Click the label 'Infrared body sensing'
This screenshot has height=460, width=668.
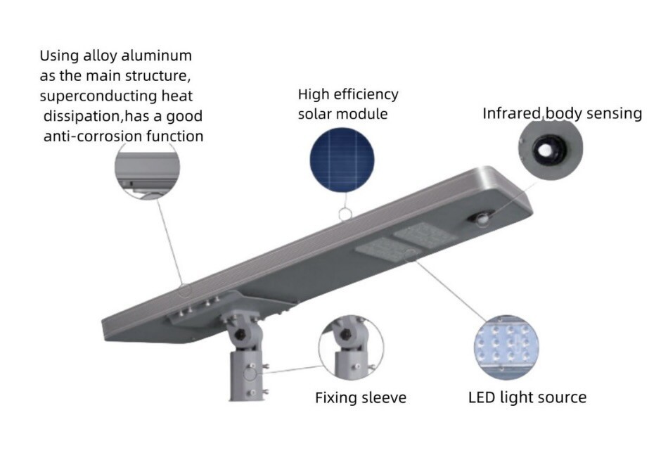(562, 113)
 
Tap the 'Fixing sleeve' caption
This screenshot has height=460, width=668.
(361, 398)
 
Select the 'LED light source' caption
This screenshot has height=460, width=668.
(527, 397)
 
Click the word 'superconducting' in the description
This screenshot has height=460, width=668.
(98, 96)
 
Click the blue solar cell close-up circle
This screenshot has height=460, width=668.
(342, 160)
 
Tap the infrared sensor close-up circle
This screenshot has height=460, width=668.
(551, 148)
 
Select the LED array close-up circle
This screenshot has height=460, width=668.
(506, 347)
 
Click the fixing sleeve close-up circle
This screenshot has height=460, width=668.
(351, 347)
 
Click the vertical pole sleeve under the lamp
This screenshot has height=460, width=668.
(247, 375)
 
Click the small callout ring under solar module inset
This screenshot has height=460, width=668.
(345, 215)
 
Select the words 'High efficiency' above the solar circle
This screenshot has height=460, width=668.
(348, 95)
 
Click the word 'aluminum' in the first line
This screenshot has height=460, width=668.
(156, 56)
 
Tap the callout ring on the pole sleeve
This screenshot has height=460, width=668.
(250, 374)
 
